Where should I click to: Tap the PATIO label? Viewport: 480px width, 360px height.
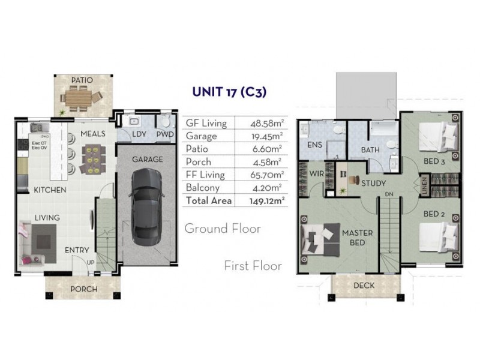82,80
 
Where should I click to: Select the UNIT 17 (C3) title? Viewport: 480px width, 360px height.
229,92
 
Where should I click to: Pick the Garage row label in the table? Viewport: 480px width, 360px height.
202,136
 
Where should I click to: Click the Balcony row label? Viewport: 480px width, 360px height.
204,188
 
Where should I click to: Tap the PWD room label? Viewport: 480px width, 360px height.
164,134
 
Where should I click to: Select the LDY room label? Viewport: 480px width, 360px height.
139,134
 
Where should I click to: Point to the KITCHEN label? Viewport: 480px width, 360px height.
50,190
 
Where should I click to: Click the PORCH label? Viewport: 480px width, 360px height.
84,289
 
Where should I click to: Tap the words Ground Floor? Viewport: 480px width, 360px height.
223,229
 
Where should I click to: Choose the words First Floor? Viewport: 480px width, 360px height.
253,265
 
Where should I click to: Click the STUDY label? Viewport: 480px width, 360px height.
373,183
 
